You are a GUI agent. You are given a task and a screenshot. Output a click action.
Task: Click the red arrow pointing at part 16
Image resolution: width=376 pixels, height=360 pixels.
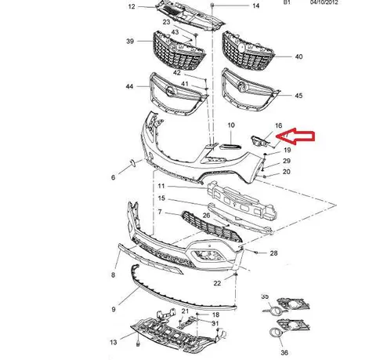point(295,136)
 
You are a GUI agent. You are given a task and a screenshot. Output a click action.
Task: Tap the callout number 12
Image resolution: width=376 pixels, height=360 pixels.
point(132,6)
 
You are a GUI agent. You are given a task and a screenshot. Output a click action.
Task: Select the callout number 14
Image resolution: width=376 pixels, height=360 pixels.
point(256,5)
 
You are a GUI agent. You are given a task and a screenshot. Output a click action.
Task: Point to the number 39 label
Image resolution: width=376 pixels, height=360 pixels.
point(130,41)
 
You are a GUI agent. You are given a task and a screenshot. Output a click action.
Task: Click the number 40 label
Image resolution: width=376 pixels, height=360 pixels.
point(298,56)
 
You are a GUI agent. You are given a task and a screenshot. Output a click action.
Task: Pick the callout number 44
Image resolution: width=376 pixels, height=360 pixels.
point(129,86)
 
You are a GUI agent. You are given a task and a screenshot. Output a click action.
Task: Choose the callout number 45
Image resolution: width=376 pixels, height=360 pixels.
point(298,96)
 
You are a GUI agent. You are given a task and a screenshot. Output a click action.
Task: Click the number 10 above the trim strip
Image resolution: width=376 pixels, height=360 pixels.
point(231,125)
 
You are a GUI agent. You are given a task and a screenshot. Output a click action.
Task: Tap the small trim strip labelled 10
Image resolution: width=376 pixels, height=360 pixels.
point(230,147)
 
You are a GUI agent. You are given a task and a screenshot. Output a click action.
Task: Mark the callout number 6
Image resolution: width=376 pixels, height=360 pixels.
point(113,177)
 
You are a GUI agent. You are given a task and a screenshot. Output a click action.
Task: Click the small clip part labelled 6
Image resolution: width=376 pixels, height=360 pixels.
point(132,164)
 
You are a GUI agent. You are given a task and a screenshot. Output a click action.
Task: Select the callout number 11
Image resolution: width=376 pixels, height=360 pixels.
point(161,186)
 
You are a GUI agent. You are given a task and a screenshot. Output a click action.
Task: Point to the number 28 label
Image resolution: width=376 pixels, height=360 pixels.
point(273,253)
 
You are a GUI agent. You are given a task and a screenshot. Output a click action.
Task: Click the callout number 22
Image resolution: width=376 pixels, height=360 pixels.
point(217,283)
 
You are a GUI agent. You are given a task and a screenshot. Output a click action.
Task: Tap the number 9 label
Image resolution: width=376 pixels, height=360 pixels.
point(114,309)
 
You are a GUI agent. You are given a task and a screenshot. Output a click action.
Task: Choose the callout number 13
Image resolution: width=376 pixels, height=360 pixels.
point(114,342)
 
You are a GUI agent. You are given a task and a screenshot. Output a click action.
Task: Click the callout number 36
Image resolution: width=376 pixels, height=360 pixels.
point(284,352)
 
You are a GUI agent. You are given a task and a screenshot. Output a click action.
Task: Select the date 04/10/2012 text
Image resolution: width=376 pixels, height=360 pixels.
point(324,2)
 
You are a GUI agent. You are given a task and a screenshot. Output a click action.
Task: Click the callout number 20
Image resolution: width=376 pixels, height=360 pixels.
point(287,172)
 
